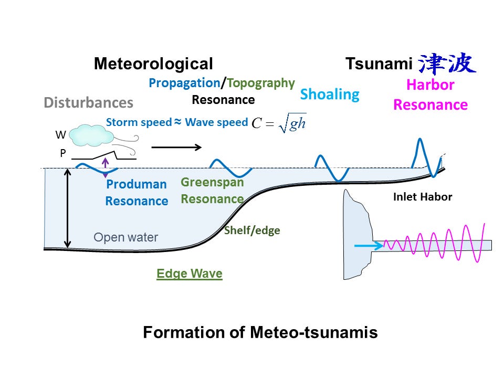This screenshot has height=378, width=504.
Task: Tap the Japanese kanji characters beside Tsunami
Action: [447, 64]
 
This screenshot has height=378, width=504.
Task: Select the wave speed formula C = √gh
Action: [278, 123]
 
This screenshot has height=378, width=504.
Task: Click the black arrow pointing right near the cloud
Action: [176, 147]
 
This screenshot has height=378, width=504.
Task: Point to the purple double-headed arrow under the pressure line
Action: [106, 165]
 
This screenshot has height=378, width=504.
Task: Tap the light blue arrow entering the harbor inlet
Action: [369, 245]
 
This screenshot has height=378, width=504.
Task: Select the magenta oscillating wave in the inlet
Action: [436, 244]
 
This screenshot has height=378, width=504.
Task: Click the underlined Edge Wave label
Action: [190, 274]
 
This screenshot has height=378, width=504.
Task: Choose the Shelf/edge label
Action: [252, 230]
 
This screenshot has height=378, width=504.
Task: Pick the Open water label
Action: [125, 237]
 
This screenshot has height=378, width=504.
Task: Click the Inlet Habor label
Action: [423, 197]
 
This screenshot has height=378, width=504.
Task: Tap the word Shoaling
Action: [330, 94]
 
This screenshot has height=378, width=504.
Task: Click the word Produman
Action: [136, 184]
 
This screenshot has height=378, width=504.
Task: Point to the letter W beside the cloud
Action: [60, 135]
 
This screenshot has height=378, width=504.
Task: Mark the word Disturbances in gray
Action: [88, 102]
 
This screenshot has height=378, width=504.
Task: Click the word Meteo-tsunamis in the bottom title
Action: [313, 333]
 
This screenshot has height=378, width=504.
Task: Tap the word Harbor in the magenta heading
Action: [430, 85]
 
